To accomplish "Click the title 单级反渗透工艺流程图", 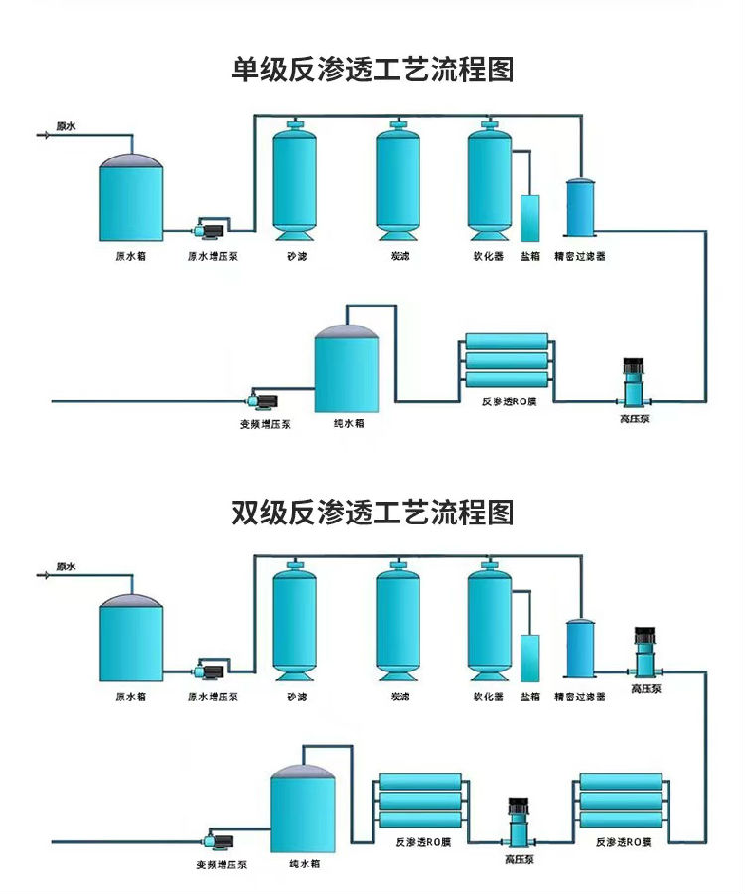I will tap(372, 70).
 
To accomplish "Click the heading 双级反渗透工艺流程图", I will tap(372, 513).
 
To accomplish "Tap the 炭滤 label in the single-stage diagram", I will tap(399, 256).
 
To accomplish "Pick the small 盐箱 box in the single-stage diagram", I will tap(530, 217).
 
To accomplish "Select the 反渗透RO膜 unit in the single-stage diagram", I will tap(507, 363).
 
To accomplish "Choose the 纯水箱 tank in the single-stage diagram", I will tap(348, 372).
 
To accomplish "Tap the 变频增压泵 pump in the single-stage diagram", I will tap(265, 399).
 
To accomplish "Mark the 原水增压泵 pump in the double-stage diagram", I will tap(212, 671).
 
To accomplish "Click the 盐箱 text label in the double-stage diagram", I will tap(530, 697).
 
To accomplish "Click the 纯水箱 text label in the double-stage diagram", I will tap(304, 864).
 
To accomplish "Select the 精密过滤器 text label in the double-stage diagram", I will tap(579, 697).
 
